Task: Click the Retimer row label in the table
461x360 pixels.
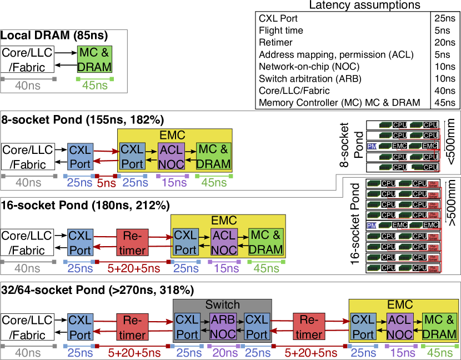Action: [275, 42]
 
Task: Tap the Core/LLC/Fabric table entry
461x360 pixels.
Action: [294, 91]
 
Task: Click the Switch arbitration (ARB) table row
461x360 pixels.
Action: [310, 78]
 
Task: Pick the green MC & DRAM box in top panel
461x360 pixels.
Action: [94, 60]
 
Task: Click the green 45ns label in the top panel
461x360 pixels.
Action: [95, 86]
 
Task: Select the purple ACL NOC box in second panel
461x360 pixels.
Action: [171, 157]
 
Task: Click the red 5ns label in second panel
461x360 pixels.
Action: [106, 182]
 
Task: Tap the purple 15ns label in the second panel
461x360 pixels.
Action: [174, 182]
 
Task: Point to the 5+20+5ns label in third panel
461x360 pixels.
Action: [134, 269]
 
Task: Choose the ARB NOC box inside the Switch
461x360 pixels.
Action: [223, 327]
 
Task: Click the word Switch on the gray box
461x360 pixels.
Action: [222, 305]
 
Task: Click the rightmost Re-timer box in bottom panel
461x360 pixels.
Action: [309, 327]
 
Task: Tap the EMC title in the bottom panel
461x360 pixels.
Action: [400, 305]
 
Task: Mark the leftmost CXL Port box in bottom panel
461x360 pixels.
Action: [80, 327]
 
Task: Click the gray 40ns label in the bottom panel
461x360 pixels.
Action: [27, 353]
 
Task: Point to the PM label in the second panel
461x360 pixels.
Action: [372, 146]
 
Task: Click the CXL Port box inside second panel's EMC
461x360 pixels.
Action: [132, 157]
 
